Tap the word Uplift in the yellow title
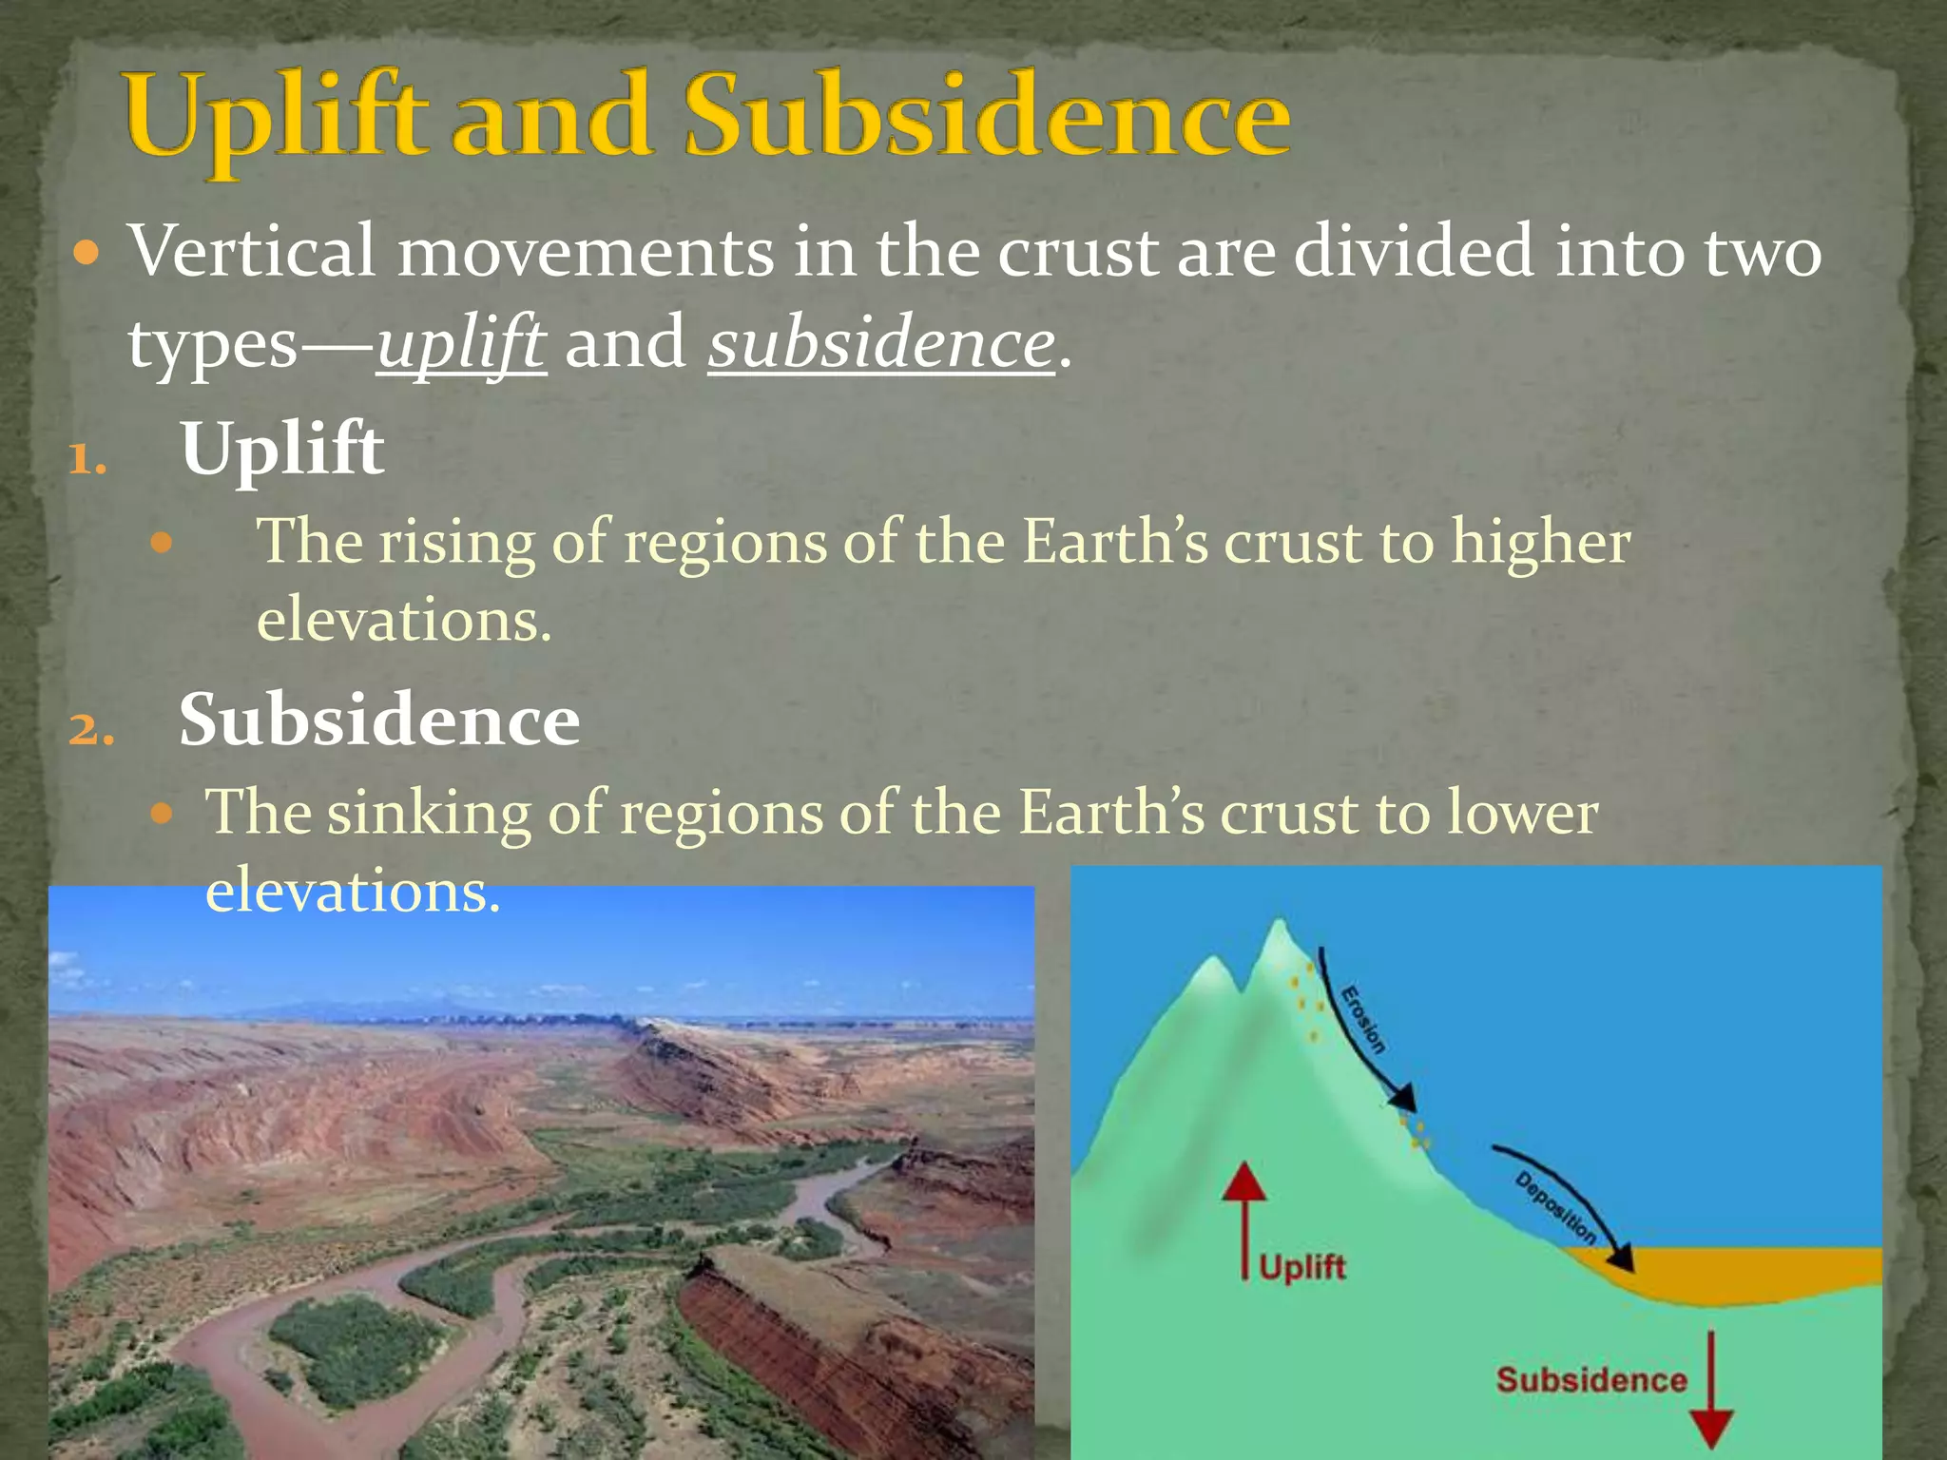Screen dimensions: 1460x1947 coord(276,119)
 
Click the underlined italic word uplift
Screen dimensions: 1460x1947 coord(461,344)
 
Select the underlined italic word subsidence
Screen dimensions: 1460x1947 coord(881,344)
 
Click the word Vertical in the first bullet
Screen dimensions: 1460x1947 coord(252,252)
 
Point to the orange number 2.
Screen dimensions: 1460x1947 coord(90,730)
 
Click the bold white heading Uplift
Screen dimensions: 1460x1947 coord(282,449)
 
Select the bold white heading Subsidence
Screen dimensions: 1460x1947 coord(379,720)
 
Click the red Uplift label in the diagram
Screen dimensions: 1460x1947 coord(1301,1267)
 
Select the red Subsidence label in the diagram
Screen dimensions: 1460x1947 coord(1590,1379)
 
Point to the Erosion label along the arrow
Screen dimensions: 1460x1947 coord(1362,1020)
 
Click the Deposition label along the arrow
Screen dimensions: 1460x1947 coord(1555,1208)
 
